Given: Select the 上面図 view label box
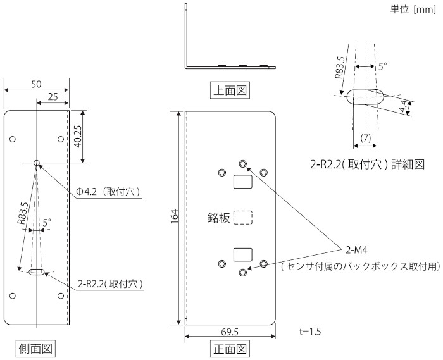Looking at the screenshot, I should click(x=229, y=90).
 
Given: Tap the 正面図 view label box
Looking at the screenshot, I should click(x=229, y=348).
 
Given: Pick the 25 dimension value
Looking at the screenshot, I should click(x=53, y=97).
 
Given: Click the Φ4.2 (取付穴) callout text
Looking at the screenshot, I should click(x=108, y=192).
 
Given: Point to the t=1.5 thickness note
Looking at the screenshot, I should click(x=310, y=331).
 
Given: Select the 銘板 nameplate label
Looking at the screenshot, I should click(x=219, y=218).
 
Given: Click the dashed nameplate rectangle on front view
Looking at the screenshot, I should click(x=242, y=218).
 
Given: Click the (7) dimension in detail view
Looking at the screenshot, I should click(x=365, y=138).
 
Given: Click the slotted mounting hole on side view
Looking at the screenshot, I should click(x=37, y=273).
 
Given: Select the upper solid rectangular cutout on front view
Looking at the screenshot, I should click(x=242, y=182).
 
